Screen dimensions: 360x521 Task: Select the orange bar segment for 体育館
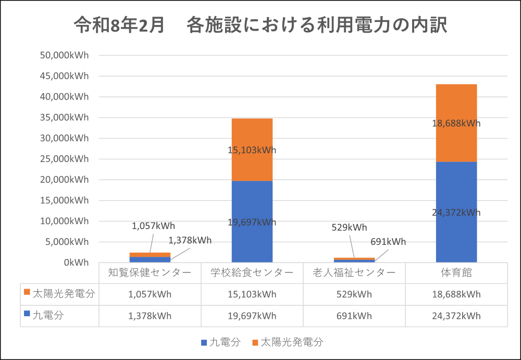pos(456,123)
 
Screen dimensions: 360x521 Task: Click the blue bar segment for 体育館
pos(456,212)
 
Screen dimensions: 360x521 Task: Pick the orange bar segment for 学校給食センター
pos(252,150)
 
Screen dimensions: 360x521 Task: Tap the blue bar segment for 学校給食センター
pos(252,222)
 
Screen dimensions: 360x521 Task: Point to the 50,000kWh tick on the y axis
pos(64,55)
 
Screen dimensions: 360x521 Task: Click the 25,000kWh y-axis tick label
pos(64,159)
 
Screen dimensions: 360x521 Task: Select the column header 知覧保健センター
pos(150,272)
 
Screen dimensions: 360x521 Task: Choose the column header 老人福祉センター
pos(354,272)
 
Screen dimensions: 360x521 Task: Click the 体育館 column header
pos(456,272)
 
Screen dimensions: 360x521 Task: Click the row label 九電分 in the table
pos(48,315)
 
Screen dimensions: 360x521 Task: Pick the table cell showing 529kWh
pos(354,294)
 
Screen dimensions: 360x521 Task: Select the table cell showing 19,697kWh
pos(252,316)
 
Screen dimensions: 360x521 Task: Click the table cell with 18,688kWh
pos(456,294)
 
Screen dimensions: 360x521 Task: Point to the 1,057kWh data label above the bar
pos(153,226)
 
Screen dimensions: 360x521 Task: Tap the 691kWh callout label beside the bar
pos(388,242)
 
